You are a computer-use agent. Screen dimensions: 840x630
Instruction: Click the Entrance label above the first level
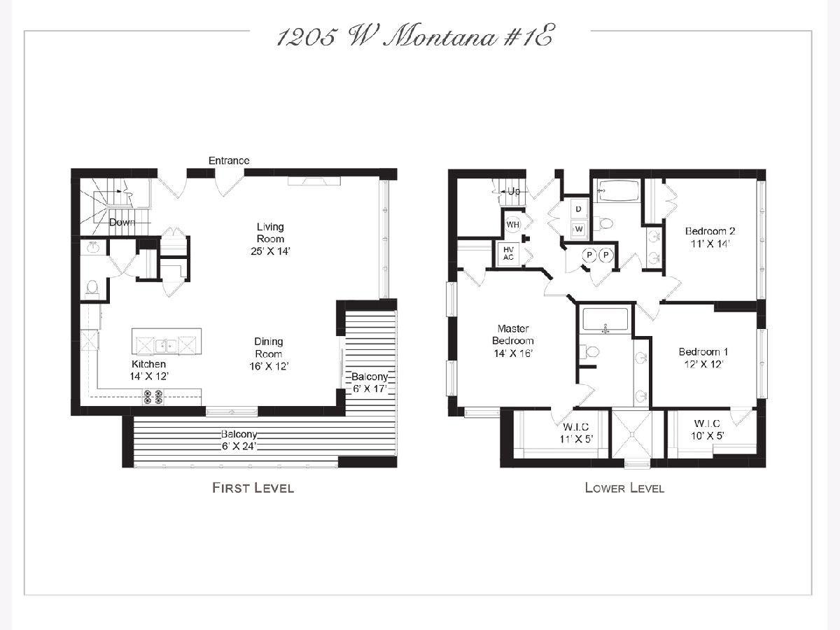[229, 161]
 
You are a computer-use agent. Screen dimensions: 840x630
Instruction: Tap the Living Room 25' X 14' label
[270, 239]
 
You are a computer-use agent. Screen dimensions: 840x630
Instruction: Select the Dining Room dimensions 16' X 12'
[269, 366]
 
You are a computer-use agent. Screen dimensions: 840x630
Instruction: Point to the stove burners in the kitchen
[153, 397]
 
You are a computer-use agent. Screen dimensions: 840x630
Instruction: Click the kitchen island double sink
[166, 346]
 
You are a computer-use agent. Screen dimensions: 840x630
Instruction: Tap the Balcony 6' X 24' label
[239, 440]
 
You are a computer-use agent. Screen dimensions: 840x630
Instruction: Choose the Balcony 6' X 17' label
[370, 383]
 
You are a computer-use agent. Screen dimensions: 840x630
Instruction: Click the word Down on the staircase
[122, 222]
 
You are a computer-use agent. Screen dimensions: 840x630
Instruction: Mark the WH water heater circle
[513, 225]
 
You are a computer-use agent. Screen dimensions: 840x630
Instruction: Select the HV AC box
[508, 253]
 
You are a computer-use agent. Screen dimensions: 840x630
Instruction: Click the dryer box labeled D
[579, 209]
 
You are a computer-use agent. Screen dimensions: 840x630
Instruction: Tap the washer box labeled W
[579, 229]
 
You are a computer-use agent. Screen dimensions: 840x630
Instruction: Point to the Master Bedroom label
[513, 335]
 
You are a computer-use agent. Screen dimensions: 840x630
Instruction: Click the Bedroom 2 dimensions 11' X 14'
[710, 244]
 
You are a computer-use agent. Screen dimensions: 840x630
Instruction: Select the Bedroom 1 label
[703, 351]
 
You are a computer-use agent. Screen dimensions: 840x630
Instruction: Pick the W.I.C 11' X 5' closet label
[576, 433]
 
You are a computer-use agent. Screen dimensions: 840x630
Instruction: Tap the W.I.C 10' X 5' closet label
[707, 430]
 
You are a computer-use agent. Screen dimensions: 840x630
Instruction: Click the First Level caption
[253, 488]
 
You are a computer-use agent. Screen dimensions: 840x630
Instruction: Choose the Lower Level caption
[624, 488]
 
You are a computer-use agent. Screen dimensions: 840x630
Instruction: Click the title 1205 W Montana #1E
[414, 38]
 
